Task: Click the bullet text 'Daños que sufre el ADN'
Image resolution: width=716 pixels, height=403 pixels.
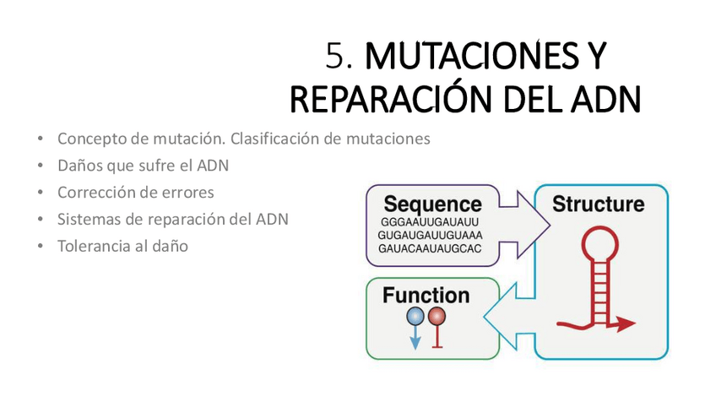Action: (143, 166)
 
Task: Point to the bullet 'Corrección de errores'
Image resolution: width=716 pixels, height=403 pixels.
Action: (135, 192)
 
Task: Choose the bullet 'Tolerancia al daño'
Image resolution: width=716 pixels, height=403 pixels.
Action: (122, 246)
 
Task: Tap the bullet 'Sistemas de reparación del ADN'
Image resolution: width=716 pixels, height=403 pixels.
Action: (172, 219)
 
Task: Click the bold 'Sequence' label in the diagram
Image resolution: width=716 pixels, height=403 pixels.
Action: (432, 204)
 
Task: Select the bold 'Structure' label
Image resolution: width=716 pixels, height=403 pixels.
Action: (598, 204)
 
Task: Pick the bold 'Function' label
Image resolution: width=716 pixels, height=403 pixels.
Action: (426, 295)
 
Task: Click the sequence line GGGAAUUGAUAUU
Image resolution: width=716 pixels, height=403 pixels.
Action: (430, 222)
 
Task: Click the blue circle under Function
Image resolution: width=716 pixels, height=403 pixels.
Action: (415, 317)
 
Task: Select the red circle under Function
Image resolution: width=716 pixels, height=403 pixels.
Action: (437, 317)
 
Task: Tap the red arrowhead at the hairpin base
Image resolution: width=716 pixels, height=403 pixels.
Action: (626, 323)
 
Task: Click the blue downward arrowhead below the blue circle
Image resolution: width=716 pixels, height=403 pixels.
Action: (415, 342)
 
